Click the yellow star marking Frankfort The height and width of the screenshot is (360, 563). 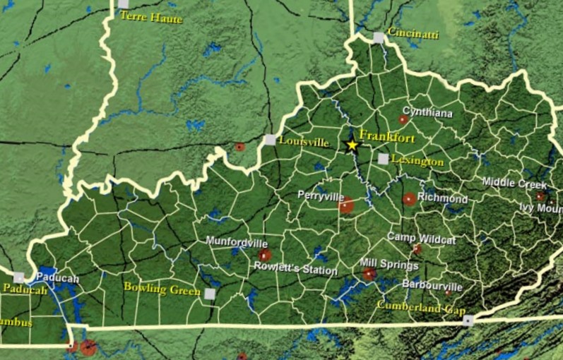(352, 145)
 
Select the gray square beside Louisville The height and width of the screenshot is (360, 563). (270, 140)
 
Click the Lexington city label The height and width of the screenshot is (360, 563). (417, 162)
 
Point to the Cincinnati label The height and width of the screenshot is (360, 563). (413, 34)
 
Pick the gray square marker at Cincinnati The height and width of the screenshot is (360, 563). (379, 37)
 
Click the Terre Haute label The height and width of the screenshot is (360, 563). (150, 16)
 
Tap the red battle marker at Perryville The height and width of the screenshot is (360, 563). (346, 205)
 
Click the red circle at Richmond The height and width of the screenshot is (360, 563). (409, 199)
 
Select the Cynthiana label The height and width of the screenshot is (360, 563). (427, 112)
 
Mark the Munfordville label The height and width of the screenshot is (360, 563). (237, 241)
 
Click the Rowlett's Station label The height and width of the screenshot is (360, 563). (296, 270)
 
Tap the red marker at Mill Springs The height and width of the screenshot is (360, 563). (369, 274)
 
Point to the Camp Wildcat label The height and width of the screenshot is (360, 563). (421, 239)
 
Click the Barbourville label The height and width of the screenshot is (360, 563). (432, 286)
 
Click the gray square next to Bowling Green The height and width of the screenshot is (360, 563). (210, 294)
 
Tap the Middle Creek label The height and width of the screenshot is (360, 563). (514, 183)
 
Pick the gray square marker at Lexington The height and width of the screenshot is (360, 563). (383, 160)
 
